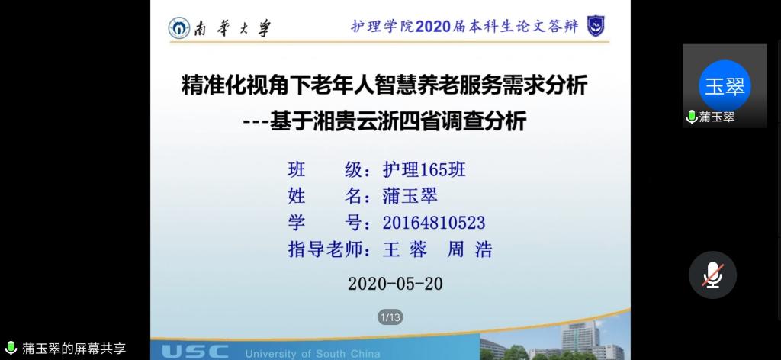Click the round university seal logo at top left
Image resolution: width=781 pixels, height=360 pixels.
click(178, 28)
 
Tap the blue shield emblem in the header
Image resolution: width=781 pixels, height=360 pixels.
click(595, 26)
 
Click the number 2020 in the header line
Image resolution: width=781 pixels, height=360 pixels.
click(433, 27)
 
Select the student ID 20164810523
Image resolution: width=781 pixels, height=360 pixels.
click(434, 223)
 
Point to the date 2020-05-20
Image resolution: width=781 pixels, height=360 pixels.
click(395, 284)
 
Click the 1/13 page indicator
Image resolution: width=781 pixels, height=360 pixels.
click(390, 317)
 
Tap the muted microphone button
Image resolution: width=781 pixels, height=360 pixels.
click(713, 275)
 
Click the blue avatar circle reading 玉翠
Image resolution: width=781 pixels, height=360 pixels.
click(725, 86)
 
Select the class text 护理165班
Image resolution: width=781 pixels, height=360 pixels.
click(424, 170)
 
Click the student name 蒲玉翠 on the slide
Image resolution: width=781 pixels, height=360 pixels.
click(410, 196)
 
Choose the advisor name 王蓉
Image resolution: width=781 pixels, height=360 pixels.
click(405, 249)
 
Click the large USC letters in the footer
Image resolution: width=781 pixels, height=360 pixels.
click(195, 352)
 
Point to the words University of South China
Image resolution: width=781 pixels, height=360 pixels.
click(312, 354)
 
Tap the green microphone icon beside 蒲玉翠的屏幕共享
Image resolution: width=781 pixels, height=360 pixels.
click(11, 348)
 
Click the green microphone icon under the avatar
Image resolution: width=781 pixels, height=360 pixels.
click(691, 117)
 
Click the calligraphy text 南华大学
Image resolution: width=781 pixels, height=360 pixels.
click(233, 28)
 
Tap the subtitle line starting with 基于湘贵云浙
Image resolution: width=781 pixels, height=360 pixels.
click(385, 121)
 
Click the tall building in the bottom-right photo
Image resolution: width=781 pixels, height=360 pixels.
click(580, 338)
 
